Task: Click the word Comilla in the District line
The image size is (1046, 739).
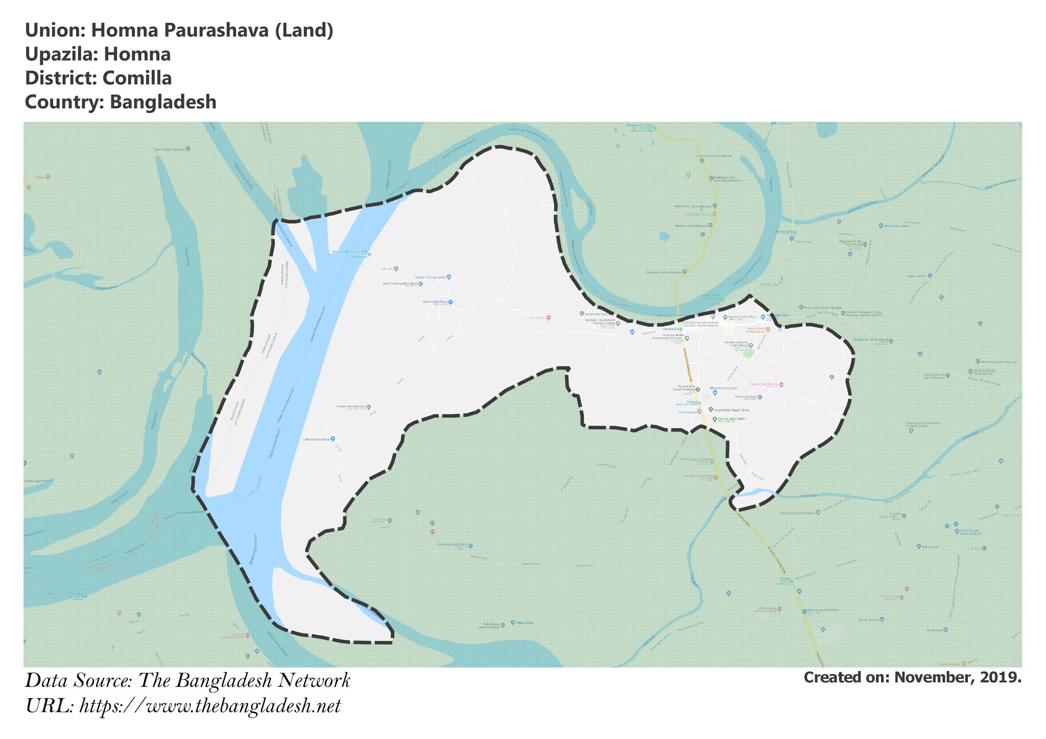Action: point(137,78)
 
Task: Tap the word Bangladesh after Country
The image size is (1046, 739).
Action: point(163,102)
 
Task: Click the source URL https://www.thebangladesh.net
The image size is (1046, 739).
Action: point(210,706)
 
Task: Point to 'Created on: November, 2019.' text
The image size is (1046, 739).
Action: point(912,677)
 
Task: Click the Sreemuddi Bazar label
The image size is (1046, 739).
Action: point(435,302)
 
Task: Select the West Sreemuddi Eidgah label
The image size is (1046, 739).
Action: point(400,284)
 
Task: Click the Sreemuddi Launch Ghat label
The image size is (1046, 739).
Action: point(350,252)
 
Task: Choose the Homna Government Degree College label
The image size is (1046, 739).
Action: point(601,322)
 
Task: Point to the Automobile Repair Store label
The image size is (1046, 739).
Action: point(731,410)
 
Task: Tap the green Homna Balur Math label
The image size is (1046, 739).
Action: point(731,419)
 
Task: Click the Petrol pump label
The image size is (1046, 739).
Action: point(687,412)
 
